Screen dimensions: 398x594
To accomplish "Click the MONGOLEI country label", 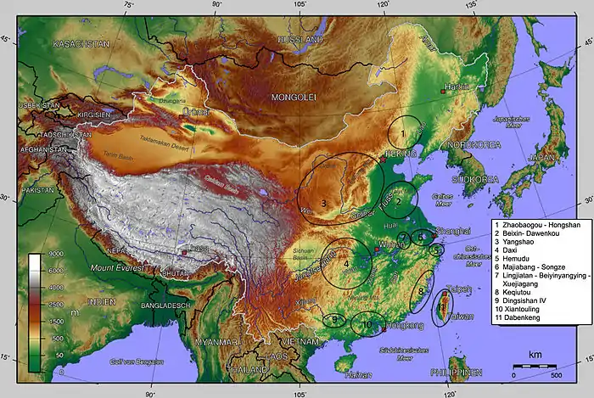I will pyautogui.click(x=293, y=98).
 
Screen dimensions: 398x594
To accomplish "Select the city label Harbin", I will pyautogui.click(x=457, y=87).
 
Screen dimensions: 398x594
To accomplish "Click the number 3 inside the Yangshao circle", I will pyautogui.click(x=324, y=203).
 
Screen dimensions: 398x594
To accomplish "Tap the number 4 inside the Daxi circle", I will pyautogui.click(x=345, y=264).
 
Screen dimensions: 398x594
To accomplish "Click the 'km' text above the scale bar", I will pyautogui.click(x=535, y=353).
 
